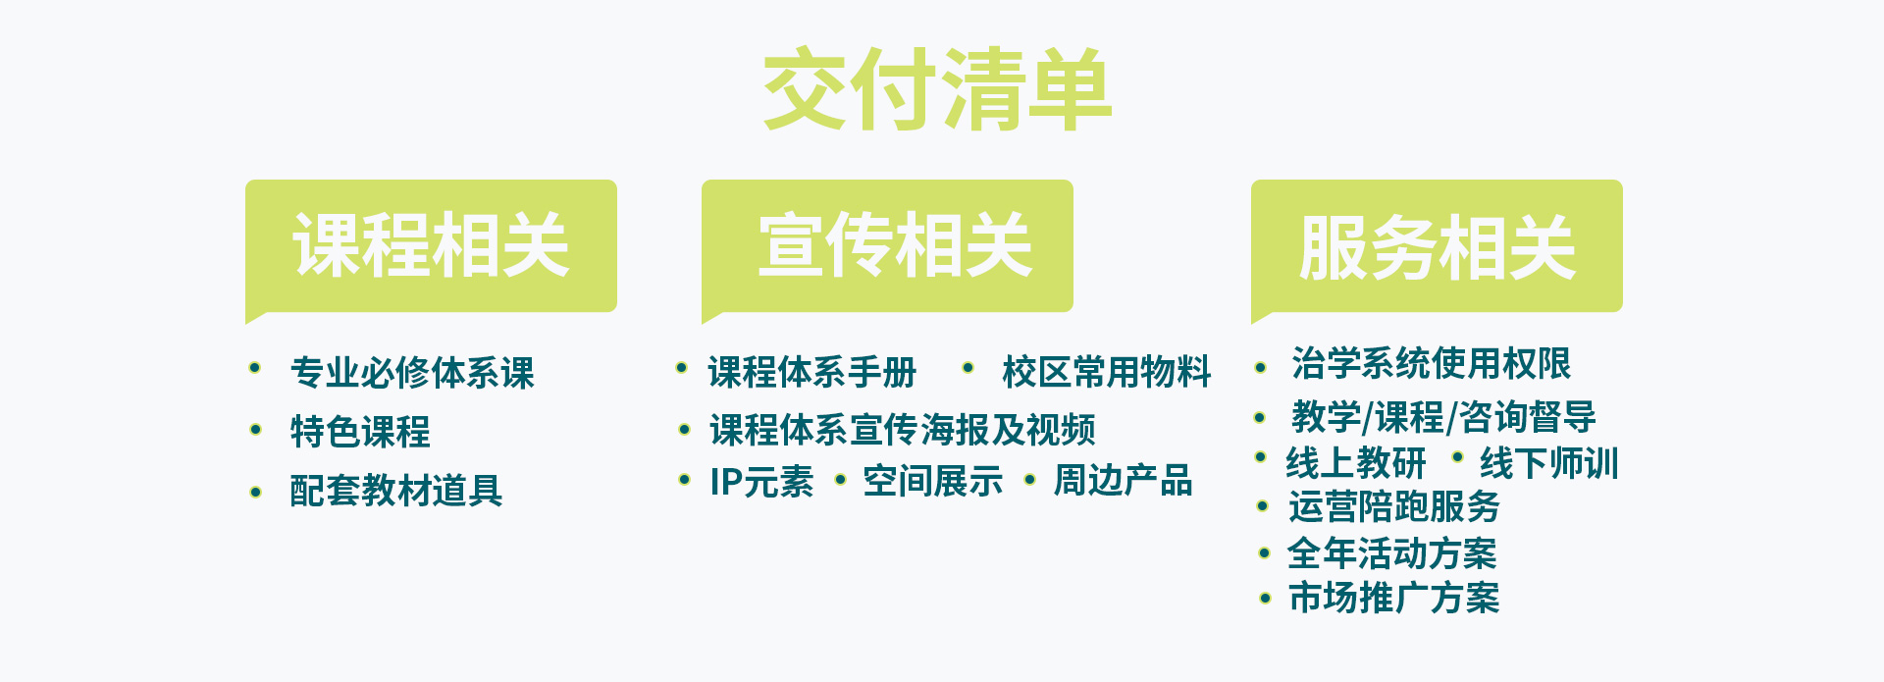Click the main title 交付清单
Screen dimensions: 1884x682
937,89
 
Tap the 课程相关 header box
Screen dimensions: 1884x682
431,246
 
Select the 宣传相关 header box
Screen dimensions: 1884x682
887,246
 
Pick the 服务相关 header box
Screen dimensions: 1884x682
1437,246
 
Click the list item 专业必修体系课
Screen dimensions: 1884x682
412,373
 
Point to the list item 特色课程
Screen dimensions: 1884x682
360,432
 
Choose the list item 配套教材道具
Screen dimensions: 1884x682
395,491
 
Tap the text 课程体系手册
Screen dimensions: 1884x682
812,372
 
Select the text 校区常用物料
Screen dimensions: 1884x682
1107,372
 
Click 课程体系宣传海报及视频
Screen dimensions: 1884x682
903,430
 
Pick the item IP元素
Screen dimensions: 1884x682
761,482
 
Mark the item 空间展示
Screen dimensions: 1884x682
933,481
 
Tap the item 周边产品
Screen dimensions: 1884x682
1123,481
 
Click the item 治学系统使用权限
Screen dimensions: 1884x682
1432,363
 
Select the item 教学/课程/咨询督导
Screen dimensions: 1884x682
1443,417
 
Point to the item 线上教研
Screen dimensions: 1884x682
1356,462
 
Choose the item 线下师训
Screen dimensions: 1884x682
1549,462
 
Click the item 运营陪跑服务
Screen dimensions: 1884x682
1394,506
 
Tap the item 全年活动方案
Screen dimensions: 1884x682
1392,553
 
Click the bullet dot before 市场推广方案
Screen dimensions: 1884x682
1265,598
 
